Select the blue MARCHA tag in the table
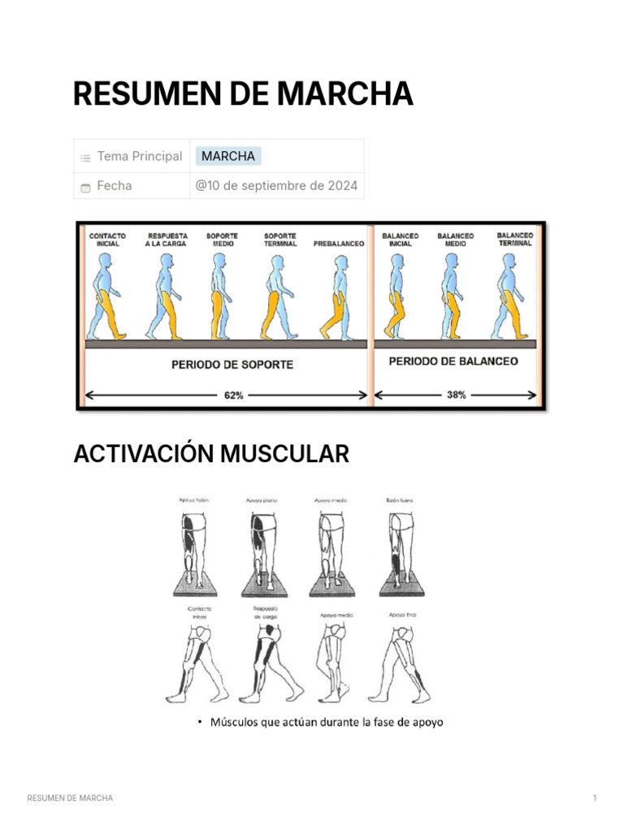(228, 156)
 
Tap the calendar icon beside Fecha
(85, 187)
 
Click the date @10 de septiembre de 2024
(276, 185)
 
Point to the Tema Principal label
(139, 156)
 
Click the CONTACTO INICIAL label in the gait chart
(107, 240)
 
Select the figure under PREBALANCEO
(336, 297)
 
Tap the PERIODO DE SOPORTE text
(232, 365)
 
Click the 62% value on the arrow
(232, 395)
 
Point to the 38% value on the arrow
(456, 395)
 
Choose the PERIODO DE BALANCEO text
(453, 361)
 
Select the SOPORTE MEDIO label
(222, 240)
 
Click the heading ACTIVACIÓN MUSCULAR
(211, 454)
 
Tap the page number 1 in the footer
(595, 798)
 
